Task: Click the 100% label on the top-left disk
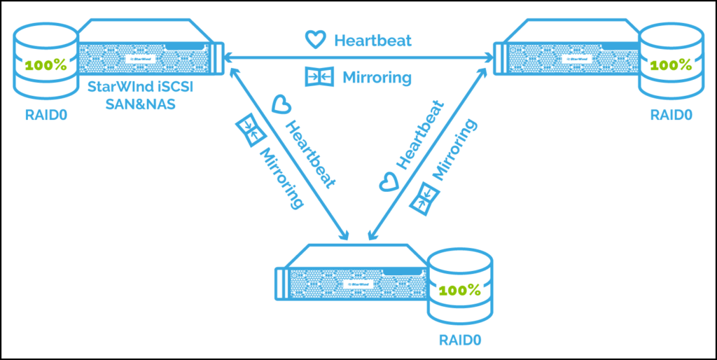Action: (x=46, y=67)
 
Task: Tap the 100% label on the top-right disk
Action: (x=671, y=65)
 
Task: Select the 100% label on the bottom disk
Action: (x=459, y=289)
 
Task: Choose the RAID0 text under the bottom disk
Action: (x=460, y=341)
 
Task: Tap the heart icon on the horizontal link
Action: (x=316, y=39)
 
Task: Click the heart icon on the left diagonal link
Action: (x=281, y=105)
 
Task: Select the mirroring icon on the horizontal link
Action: (x=316, y=76)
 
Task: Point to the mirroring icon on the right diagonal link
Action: (x=421, y=201)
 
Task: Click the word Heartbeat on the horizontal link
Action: (x=373, y=40)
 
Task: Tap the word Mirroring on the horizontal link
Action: (x=377, y=76)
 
